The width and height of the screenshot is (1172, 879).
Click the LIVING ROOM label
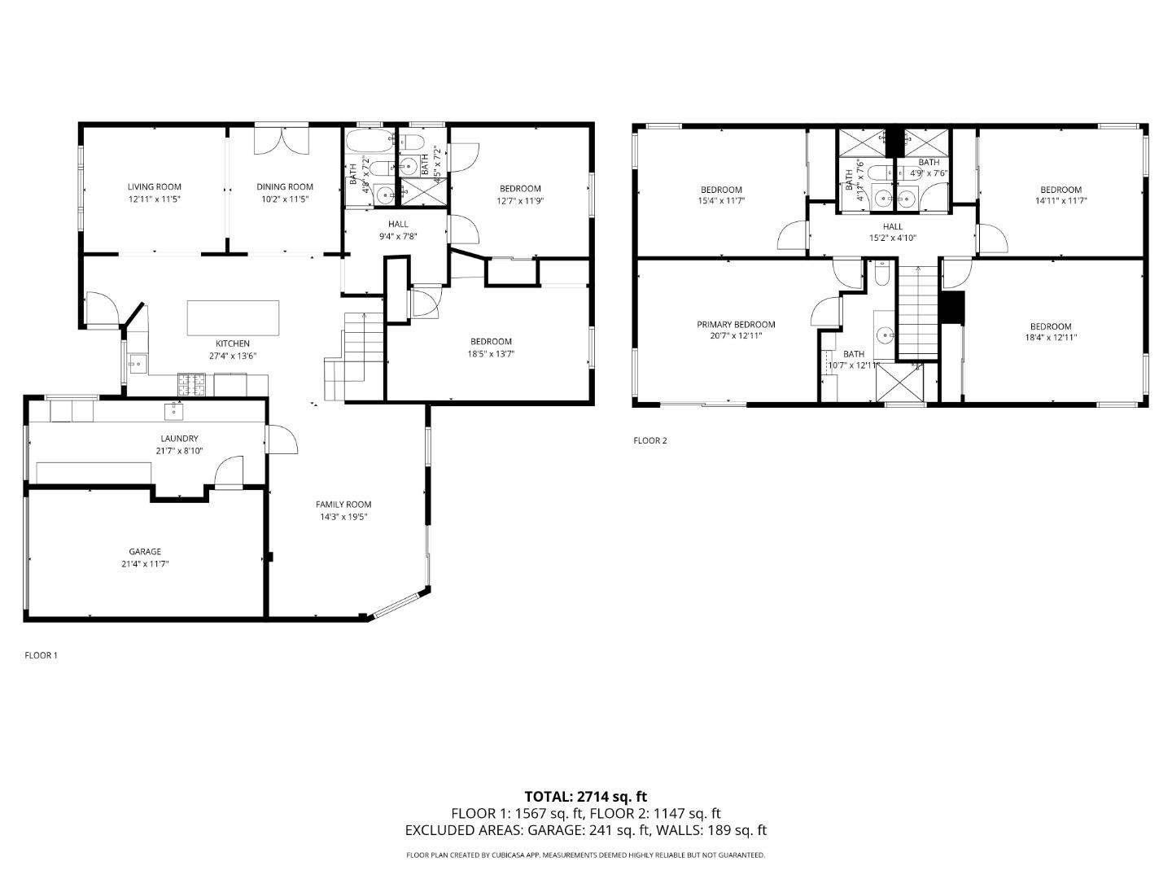pyautogui.click(x=154, y=187)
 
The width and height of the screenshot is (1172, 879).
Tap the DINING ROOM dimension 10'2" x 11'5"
pyautogui.click(x=284, y=199)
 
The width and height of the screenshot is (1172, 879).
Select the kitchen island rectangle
pyautogui.click(x=233, y=317)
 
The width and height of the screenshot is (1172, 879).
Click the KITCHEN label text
pyautogui.click(x=232, y=343)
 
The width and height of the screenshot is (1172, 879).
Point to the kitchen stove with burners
pyautogui.click(x=192, y=380)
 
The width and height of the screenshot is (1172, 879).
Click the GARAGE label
pyautogui.click(x=144, y=552)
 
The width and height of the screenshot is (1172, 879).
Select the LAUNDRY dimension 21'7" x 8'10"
pyautogui.click(x=179, y=451)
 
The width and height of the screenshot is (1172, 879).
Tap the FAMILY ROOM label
pyautogui.click(x=343, y=505)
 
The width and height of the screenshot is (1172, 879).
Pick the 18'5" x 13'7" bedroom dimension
pyautogui.click(x=491, y=354)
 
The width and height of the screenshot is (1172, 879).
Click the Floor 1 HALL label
pyautogui.click(x=398, y=225)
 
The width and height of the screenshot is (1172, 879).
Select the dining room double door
pyautogui.click(x=282, y=140)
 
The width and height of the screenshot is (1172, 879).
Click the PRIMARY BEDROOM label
pyautogui.click(x=736, y=325)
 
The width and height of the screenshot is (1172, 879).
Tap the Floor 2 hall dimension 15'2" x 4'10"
pyautogui.click(x=892, y=239)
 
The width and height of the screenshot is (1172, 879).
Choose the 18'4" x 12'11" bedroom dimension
pyautogui.click(x=1050, y=337)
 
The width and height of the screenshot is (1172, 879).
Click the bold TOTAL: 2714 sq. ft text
pyautogui.click(x=585, y=797)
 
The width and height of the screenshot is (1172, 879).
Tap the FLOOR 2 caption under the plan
pyautogui.click(x=649, y=441)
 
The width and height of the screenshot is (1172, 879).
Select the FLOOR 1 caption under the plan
pyautogui.click(x=41, y=655)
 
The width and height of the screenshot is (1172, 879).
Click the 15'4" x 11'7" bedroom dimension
pyautogui.click(x=720, y=200)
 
